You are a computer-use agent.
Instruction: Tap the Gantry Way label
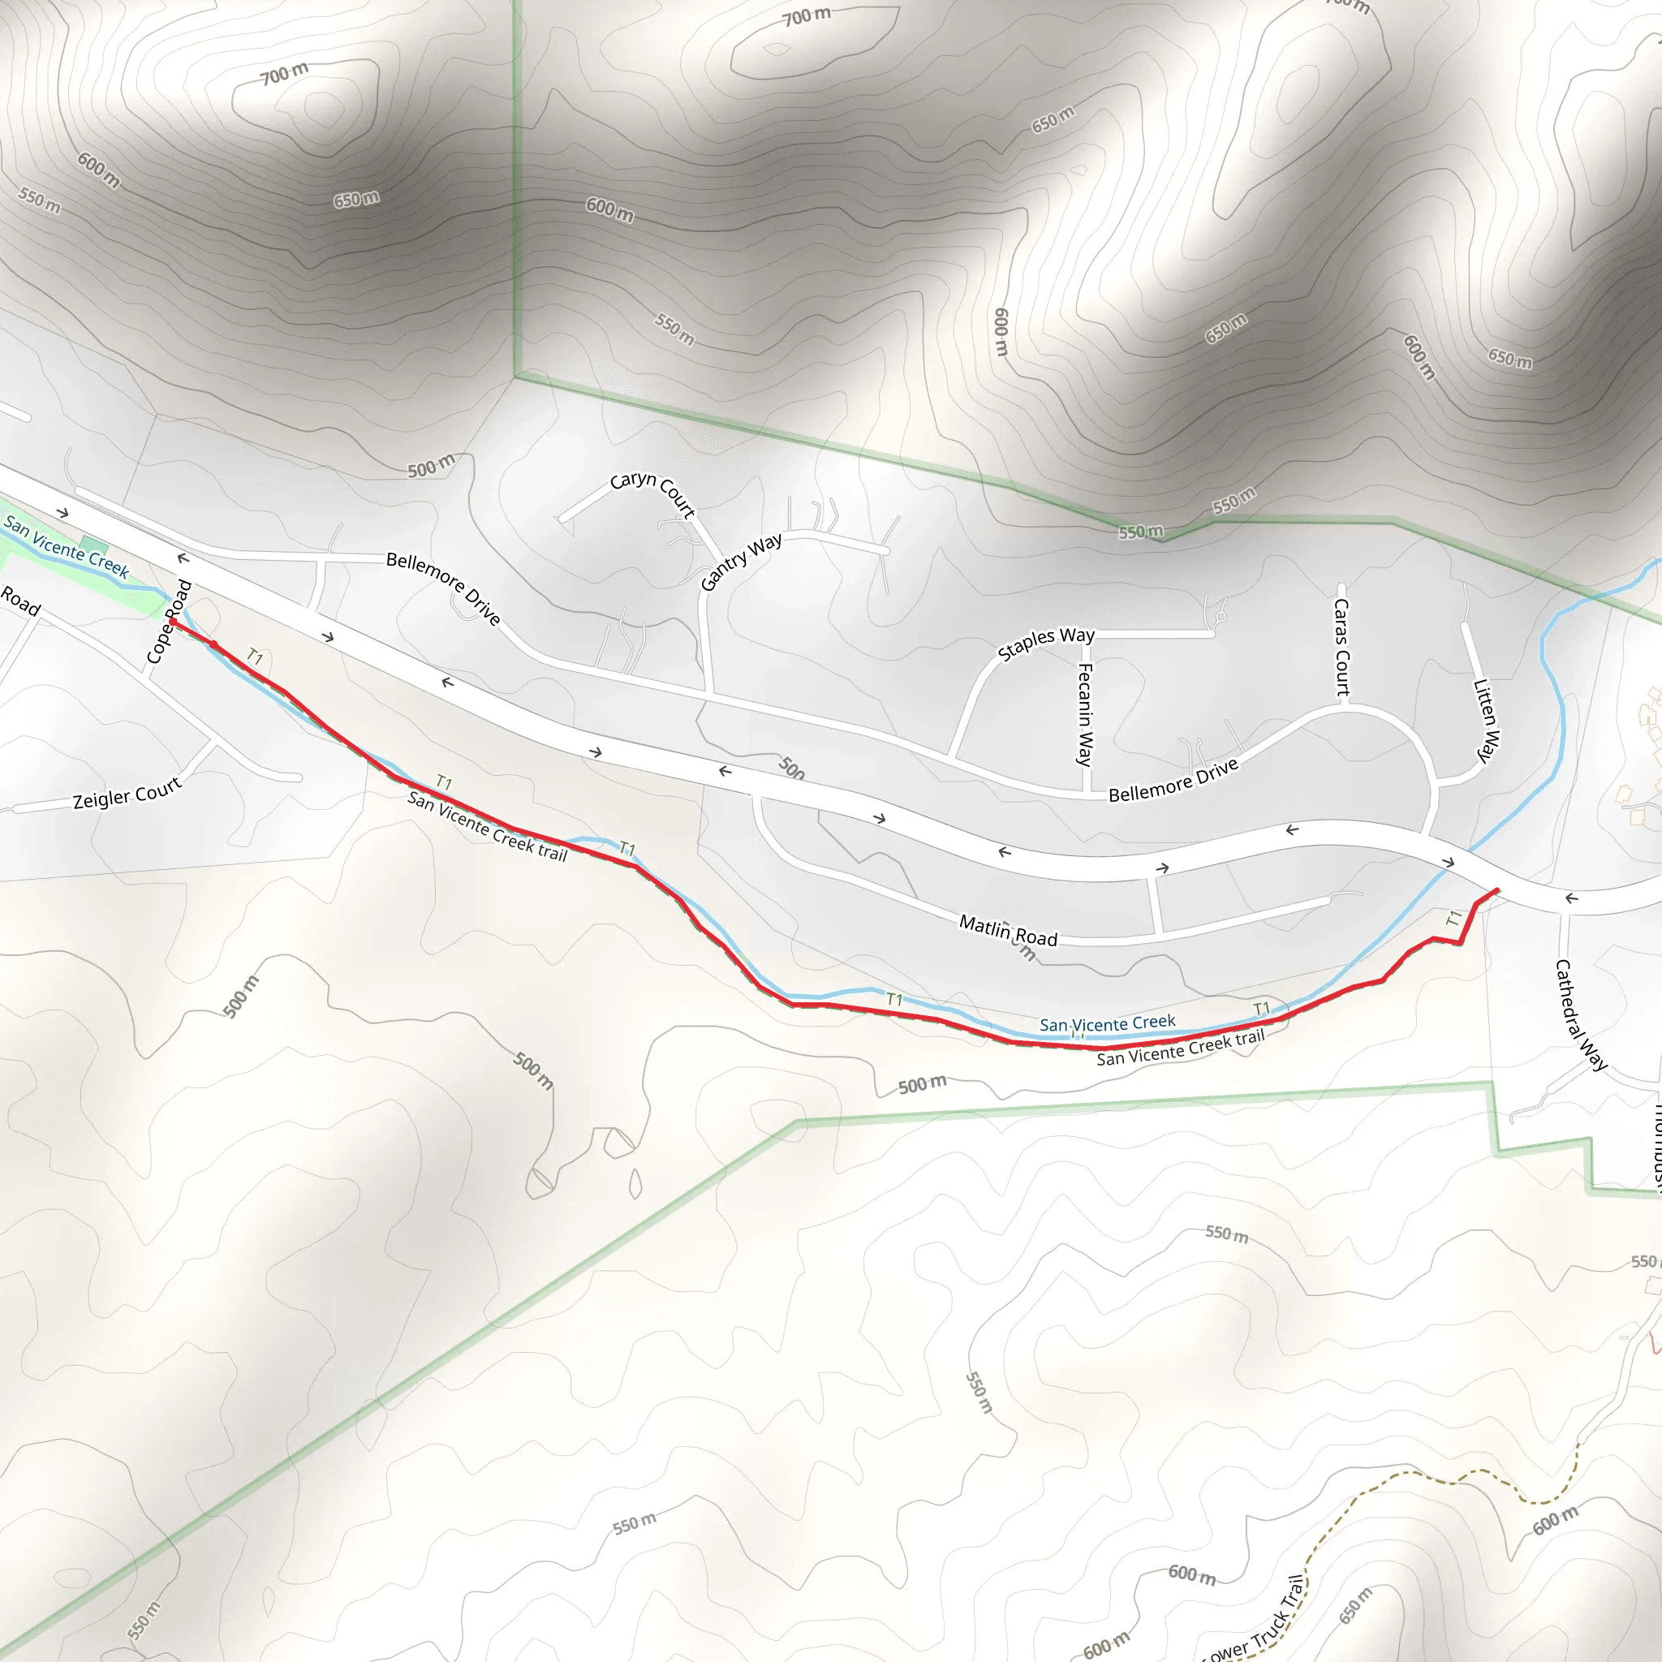tap(741, 562)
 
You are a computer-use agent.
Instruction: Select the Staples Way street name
tap(1045, 643)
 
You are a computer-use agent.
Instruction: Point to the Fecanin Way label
tap(1085, 713)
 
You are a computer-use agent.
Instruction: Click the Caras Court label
tap(1341, 646)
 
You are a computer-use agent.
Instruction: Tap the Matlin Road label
tap(1007, 931)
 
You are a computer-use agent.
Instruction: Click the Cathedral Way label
tap(1579, 1014)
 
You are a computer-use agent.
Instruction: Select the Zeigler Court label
tap(127, 792)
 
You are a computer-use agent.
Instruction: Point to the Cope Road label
tap(169, 621)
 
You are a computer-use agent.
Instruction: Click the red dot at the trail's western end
tap(173, 621)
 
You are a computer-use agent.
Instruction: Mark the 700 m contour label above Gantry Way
tap(806, 15)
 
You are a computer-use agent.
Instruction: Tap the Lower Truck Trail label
tap(1256, 1621)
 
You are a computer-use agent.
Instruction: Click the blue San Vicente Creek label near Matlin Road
tap(1106, 1023)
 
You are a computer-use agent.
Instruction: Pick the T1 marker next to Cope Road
tap(255, 657)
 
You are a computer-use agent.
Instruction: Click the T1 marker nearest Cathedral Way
tap(1453, 918)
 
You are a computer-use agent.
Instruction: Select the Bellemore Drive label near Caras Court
tap(1173, 780)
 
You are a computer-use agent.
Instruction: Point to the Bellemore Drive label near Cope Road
tap(443, 588)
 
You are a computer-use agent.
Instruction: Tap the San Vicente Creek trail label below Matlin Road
tap(1179, 1047)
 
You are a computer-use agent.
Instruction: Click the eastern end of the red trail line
tap(1498, 890)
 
